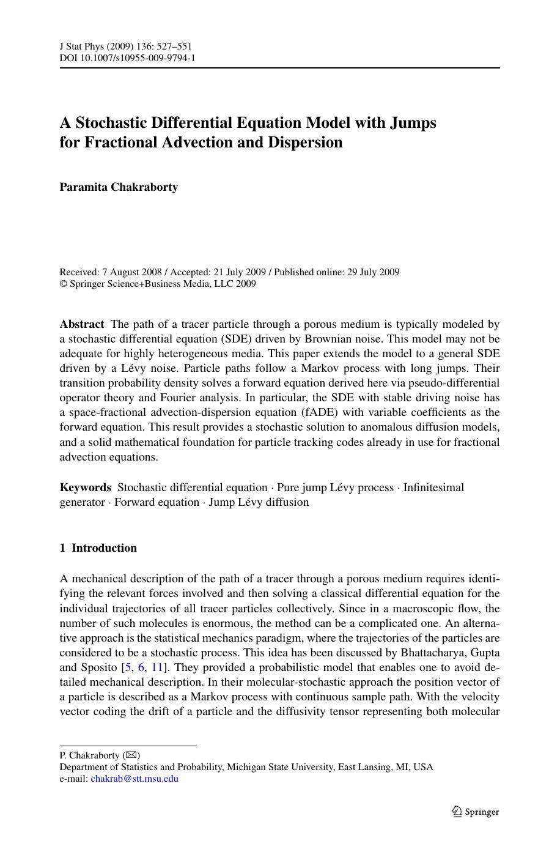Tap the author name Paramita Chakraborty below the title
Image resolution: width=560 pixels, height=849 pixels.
119,187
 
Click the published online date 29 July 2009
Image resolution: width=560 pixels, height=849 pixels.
373,272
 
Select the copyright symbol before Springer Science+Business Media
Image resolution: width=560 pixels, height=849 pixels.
63,284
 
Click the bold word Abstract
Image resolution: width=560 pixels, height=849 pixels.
82,324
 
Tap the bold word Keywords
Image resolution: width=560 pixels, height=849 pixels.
86,488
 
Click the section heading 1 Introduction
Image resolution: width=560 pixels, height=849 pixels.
98,548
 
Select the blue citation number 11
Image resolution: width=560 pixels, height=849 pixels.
157,667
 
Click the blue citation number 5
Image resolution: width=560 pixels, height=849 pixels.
128,667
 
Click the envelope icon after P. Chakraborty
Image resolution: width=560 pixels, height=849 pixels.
131,755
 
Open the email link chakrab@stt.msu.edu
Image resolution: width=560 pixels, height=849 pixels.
134,779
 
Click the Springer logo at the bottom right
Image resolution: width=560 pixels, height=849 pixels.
475,812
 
